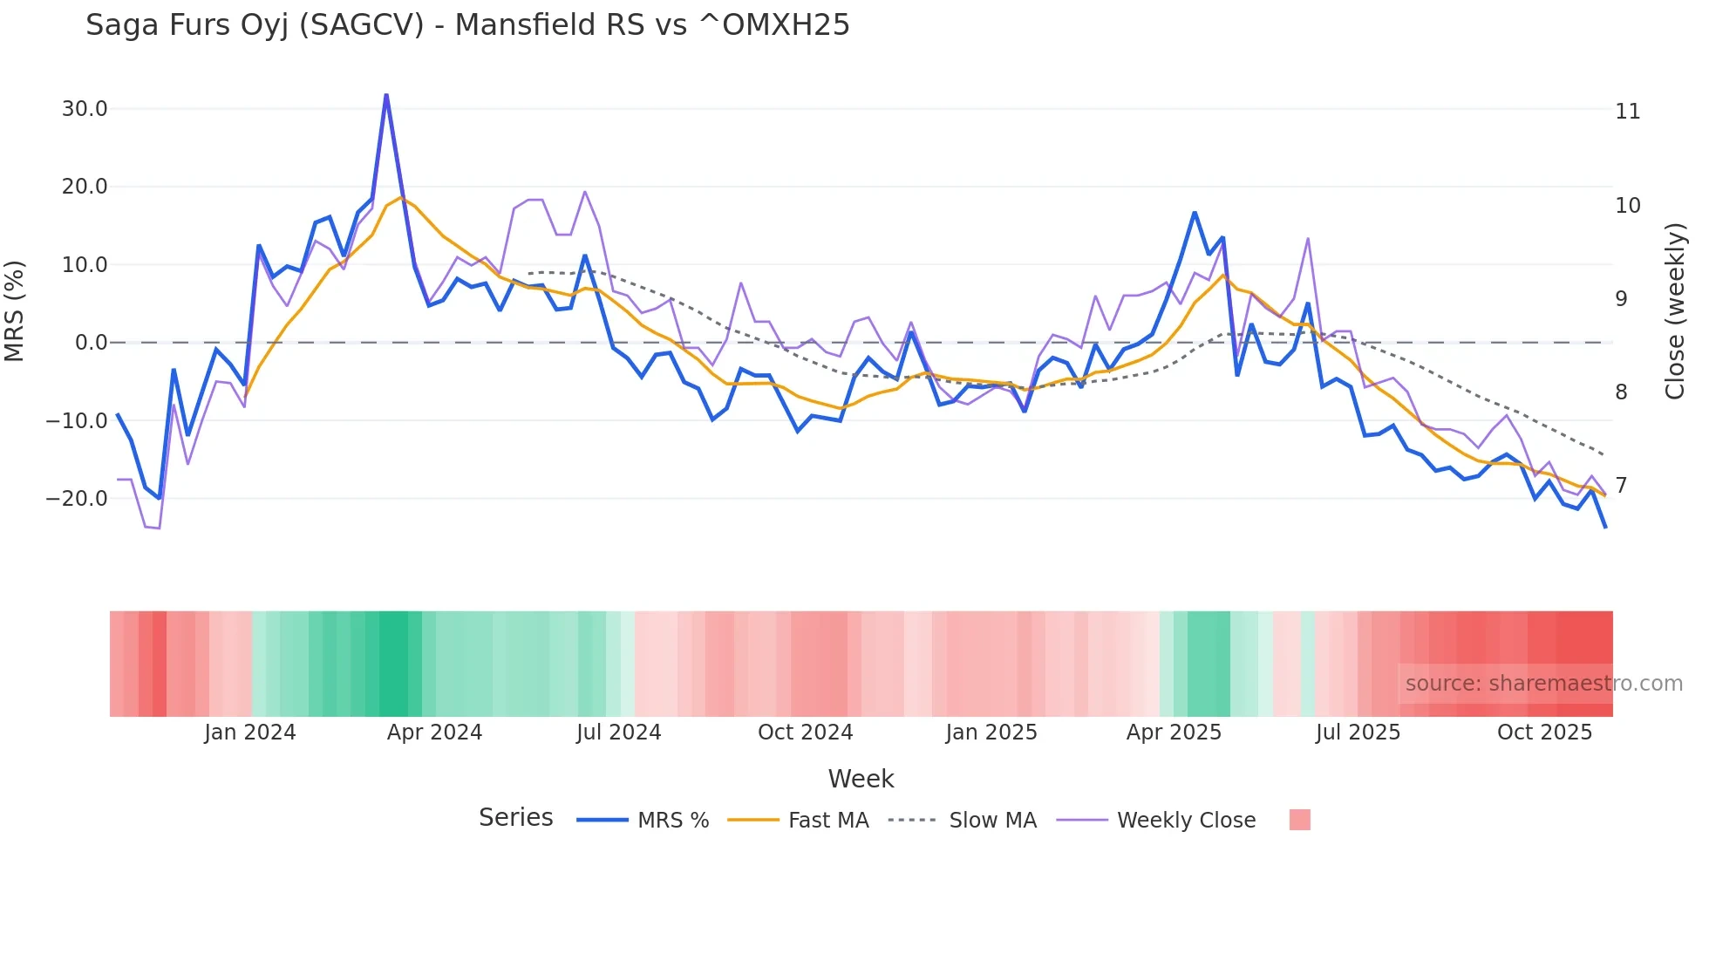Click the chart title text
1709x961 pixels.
point(467,25)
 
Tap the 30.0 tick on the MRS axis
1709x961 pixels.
point(85,109)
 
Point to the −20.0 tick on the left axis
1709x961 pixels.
point(77,499)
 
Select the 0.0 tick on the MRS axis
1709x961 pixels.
point(92,343)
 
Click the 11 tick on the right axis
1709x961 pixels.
point(1627,112)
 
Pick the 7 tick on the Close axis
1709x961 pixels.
point(1621,486)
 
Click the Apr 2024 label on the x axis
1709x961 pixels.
point(434,733)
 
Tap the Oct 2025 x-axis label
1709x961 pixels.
point(1544,733)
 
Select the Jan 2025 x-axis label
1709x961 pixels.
point(991,733)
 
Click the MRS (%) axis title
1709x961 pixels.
point(15,311)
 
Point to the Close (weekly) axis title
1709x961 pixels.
point(1675,311)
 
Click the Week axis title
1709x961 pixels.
point(861,779)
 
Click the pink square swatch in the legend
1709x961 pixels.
point(1299,820)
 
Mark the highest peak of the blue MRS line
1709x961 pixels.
point(386,95)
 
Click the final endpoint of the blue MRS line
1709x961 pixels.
point(1605,527)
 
